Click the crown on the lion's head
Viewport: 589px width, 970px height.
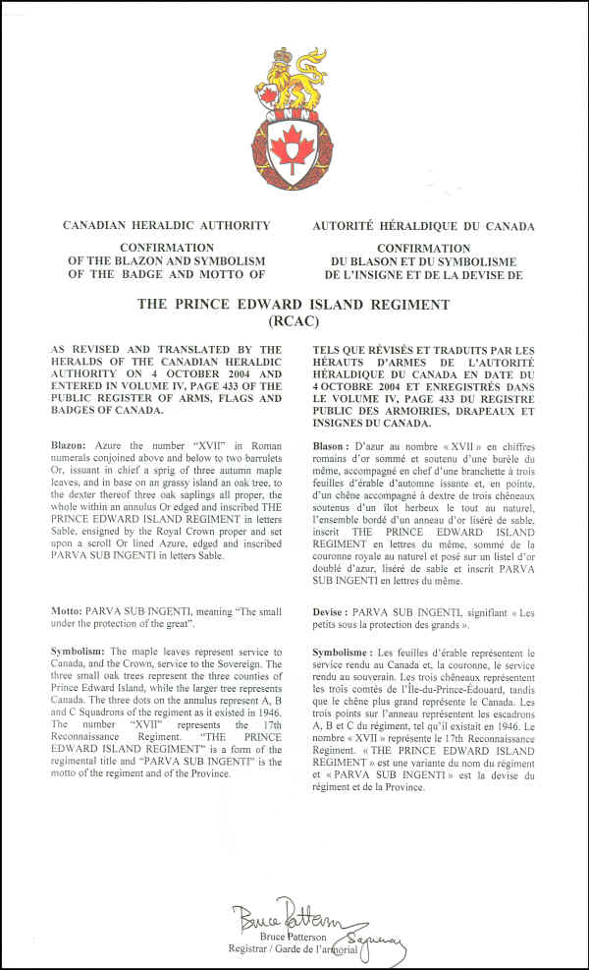(x=285, y=57)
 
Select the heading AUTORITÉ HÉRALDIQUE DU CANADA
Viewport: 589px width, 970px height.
(x=423, y=226)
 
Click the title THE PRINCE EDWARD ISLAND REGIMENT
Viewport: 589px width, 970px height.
(x=294, y=305)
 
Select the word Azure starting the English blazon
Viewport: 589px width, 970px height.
(x=124, y=445)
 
